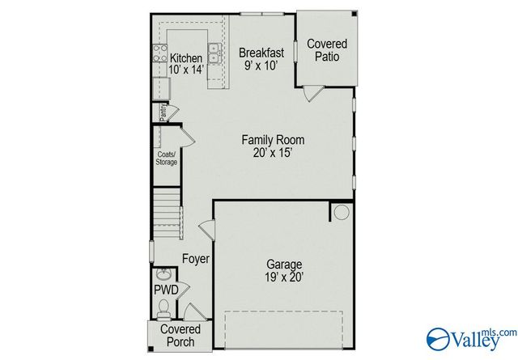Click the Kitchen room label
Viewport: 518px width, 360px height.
coord(185,58)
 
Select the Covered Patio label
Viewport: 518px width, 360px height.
coord(327,50)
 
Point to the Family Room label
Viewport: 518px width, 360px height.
coord(273,140)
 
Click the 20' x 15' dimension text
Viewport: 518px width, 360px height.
coord(273,153)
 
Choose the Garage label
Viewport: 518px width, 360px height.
coord(284,265)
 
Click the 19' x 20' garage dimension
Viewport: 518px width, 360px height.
coord(284,277)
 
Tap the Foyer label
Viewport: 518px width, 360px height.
coord(195,259)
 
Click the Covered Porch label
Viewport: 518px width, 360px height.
coord(180,336)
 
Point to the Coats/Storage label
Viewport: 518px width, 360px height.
coord(167,158)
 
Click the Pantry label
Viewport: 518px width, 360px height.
coord(163,111)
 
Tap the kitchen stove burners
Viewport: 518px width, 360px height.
coord(159,54)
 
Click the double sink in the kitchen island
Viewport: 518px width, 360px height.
coord(215,53)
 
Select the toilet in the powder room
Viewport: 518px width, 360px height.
coord(163,307)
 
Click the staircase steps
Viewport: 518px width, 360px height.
coord(165,210)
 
